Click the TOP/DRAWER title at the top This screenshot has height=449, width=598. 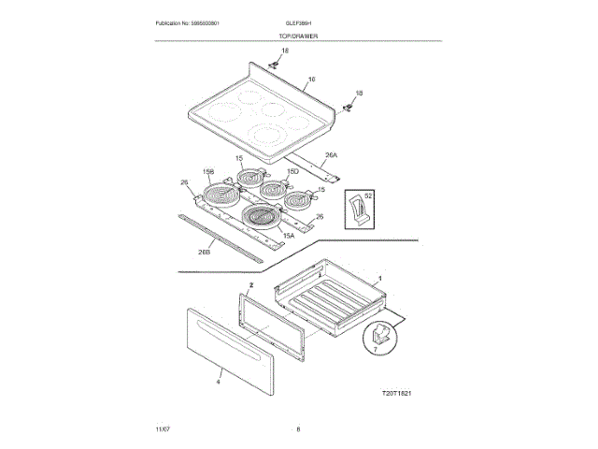point(297,35)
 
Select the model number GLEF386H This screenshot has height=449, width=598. point(297,22)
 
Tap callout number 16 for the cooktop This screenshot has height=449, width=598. point(311,79)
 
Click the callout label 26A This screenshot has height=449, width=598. point(331,154)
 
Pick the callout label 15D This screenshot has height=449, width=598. point(292,172)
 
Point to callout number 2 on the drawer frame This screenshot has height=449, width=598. point(250,282)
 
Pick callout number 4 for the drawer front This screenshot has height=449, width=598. point(218,381)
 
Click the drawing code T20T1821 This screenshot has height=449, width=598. point(398,394)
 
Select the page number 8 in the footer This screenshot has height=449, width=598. point(298,428)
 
